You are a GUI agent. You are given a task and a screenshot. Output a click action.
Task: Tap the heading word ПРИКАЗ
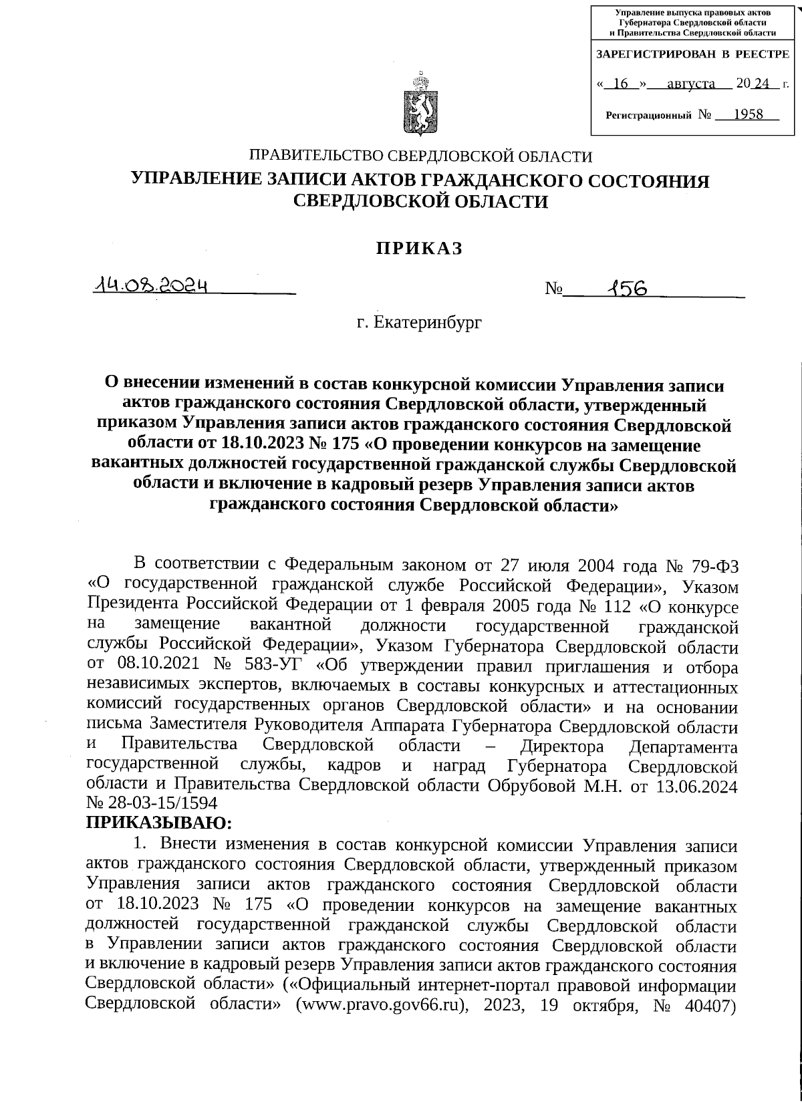pos(419,249)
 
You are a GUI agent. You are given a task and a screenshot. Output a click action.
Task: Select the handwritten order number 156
pos(625,287)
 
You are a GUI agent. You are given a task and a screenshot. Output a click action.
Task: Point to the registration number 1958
pos(747,114)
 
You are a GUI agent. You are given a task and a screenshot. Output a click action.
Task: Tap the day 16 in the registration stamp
pos(621,84)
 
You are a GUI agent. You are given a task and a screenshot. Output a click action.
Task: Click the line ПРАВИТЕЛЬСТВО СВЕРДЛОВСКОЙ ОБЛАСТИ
pos(420,157)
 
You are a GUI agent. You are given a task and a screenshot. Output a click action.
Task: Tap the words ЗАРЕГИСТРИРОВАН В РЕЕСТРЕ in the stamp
pos(692,53)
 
